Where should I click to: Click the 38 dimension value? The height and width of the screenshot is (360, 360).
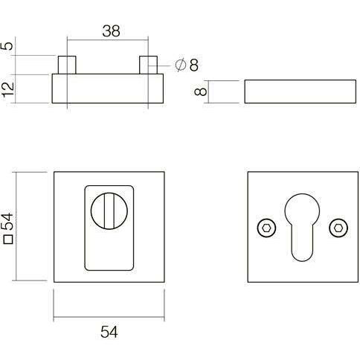(x=111, y=31)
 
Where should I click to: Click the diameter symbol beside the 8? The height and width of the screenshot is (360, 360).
(x=181, y=65)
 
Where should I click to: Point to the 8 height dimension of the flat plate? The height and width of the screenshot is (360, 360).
(x=200, y=91)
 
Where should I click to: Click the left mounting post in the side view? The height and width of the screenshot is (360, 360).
(x=67, y=65)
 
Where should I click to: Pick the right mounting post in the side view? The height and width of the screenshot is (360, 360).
(x=148, y=65)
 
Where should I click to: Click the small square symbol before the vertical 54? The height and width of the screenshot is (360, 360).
(x=8, y=240)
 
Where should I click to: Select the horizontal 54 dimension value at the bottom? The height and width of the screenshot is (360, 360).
(x=109, y=332)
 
